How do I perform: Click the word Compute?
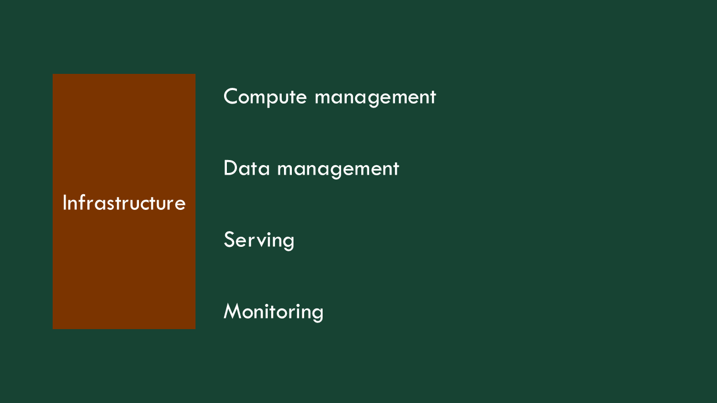265,97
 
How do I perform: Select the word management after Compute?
375,97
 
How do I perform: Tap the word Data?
246,168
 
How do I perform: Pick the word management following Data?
338,169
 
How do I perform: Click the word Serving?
259,240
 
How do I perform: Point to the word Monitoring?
273,312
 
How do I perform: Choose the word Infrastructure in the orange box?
124,203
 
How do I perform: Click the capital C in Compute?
232,96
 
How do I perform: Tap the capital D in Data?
231,168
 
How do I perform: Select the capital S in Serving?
229,240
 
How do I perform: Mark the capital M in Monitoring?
232,311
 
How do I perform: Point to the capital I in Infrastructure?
64,203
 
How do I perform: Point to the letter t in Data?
252,168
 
